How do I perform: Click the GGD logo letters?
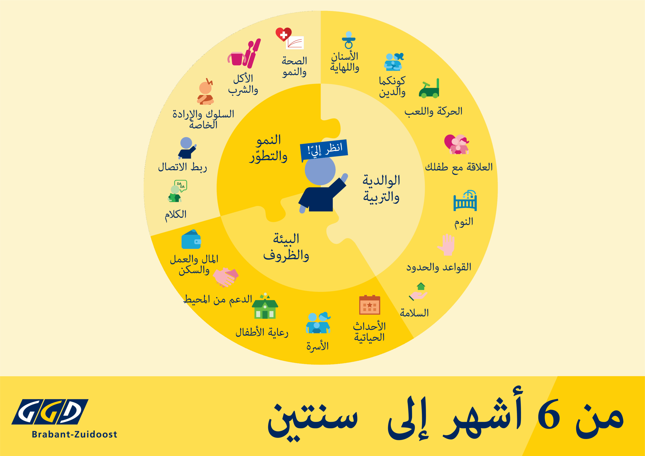click(50, 412)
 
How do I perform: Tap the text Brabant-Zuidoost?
click(74, 434)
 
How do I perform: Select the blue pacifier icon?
click(349, 40)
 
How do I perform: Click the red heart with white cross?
click(283, 34)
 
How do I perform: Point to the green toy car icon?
click(429, 88)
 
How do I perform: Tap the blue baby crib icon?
click(465, 200)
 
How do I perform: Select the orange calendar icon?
click(370, 305)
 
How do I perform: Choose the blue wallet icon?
click(191, 239)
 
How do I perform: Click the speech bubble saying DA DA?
click(181, 185)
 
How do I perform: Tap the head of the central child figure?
click(320, 170)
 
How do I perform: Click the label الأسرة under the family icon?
click(317, 346)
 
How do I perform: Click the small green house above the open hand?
click(421, 286)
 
